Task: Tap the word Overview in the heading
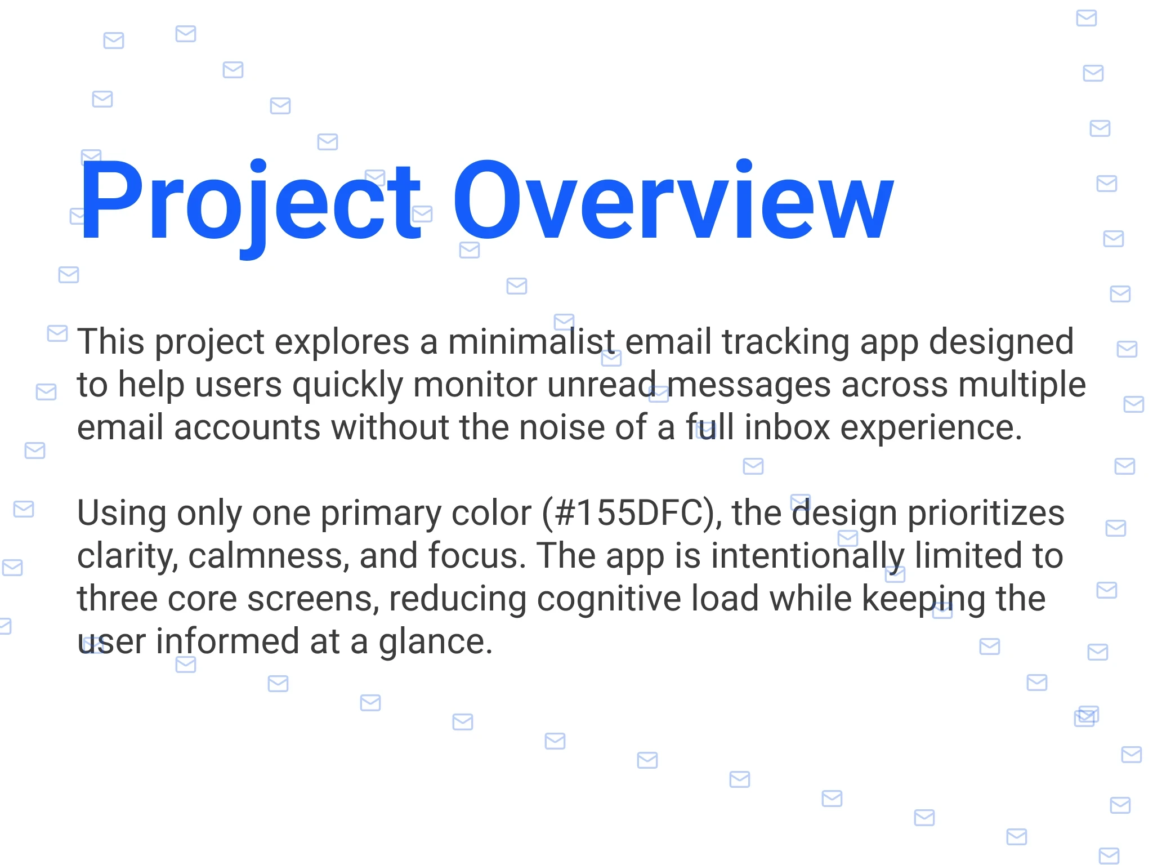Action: click(x=673, y=200)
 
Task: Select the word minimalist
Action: click(x=531, y=341)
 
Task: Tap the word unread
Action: click(x=602, y=385)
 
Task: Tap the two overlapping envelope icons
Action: click(x=1087, y=716)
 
